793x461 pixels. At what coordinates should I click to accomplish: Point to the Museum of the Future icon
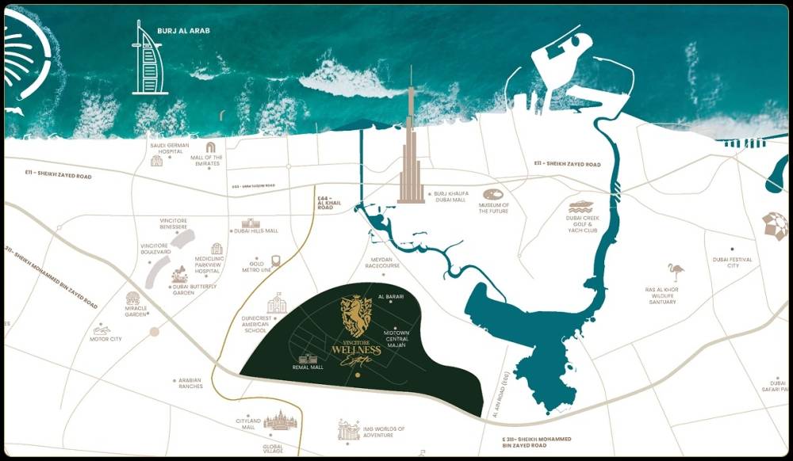(492, 194)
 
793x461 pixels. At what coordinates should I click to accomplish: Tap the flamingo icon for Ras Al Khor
(676, 272)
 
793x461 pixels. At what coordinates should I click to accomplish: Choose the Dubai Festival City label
(732, 262)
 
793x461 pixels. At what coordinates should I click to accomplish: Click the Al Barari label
(391, 296)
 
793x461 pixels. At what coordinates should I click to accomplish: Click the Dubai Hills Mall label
(256, 230)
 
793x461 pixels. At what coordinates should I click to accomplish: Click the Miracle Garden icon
(133, 299)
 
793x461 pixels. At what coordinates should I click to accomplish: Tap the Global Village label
(273, 449)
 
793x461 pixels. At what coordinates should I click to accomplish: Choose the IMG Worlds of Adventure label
(384, 432)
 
